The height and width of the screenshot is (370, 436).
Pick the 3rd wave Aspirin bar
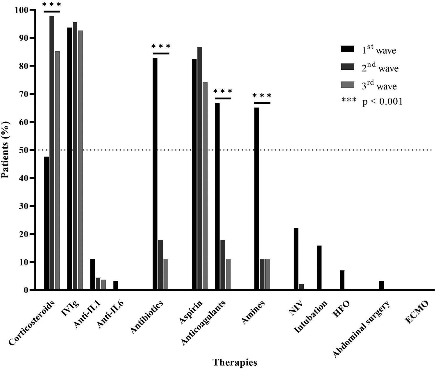click(205, 186)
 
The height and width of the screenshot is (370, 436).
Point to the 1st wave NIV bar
click(296, 259)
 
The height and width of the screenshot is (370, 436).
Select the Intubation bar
click(319, 267)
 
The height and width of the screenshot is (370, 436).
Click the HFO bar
click(342, 280)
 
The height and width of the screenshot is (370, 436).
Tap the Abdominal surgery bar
click(381, 285)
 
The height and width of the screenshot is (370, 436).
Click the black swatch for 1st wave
click(347, 49)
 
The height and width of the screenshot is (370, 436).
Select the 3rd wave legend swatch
click(347, 85)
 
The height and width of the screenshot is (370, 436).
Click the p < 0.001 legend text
click(382, 102)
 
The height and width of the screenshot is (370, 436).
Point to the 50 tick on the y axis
click(32, 150)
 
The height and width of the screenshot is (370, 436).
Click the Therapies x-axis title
click(235, 362)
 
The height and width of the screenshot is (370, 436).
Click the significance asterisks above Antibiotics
click(161, 46)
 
